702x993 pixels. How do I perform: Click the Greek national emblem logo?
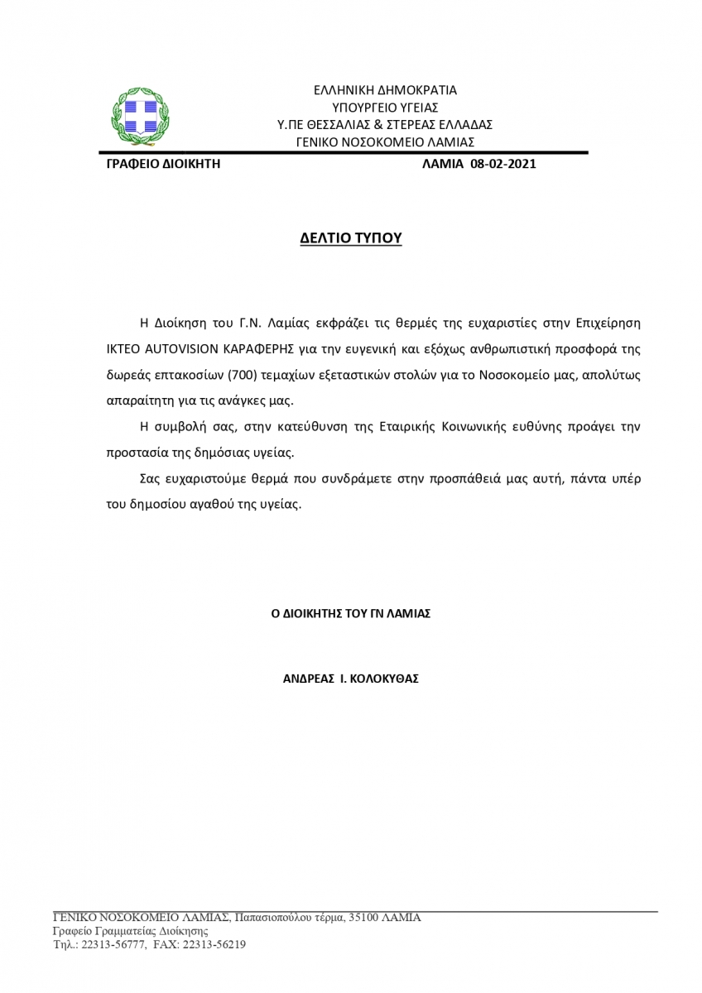[x=140, y=115]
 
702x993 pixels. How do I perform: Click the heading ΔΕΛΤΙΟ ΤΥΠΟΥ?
[x=350, y=238]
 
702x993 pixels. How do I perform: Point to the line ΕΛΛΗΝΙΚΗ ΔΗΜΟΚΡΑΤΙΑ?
[x=385, y=90]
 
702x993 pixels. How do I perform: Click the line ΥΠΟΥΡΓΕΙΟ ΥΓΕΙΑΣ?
[x=385, y=108]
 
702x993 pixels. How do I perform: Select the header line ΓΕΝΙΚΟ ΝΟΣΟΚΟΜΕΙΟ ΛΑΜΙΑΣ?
[x=385, y=142]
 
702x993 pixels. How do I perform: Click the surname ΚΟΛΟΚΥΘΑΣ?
[x=385, y=679]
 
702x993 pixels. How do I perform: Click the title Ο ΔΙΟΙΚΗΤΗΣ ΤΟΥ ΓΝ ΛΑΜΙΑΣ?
[x=351, y=614]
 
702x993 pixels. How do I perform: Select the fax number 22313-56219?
[x=214, y=944]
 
